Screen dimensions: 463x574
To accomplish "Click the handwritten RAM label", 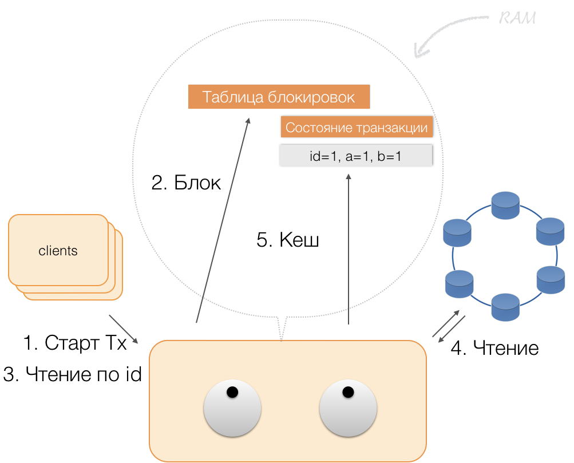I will point(517,18).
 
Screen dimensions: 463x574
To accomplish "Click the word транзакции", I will point(392,128).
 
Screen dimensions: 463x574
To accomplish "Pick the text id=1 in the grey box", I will point(323,156).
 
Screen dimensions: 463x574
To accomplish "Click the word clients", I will point(58,251).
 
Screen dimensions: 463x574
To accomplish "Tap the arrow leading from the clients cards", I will point(124,329).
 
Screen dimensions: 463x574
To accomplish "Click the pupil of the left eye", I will point(232,393).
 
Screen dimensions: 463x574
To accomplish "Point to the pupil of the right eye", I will point(347,393).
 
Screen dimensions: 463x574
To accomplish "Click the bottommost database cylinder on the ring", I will point(505,307).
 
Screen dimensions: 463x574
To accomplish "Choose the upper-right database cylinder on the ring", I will point(550,231).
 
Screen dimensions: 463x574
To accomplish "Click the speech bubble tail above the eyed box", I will point(282,329).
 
